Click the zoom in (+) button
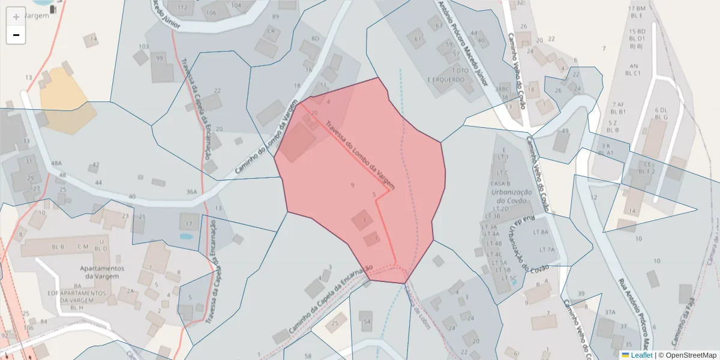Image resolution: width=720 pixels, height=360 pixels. click(16, 17)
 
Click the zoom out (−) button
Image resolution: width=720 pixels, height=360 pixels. click(16, 35)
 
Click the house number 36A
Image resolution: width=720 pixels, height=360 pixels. click(191, 192)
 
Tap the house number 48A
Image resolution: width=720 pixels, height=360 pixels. click(56, 163)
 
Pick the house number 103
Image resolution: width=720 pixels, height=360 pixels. click(143, 46)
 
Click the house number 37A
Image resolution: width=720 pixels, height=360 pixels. click(610, 312)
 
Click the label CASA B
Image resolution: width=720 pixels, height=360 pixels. click(500, 184)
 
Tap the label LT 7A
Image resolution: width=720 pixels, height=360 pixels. click(547, 249)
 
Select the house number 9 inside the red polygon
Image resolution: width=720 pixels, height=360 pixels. click(352, 185)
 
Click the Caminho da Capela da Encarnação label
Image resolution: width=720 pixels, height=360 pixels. click(330, 299)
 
